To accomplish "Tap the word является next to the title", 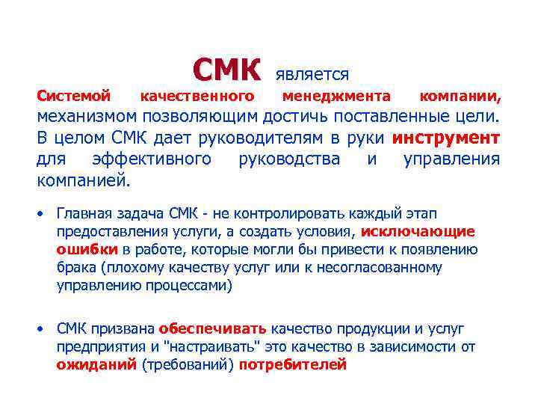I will click(x=312, y=74).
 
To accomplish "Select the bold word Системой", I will click(x=74, y=97).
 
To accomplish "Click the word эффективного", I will click(x=152, y=159).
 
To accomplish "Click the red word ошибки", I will click(x=87, y=249).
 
